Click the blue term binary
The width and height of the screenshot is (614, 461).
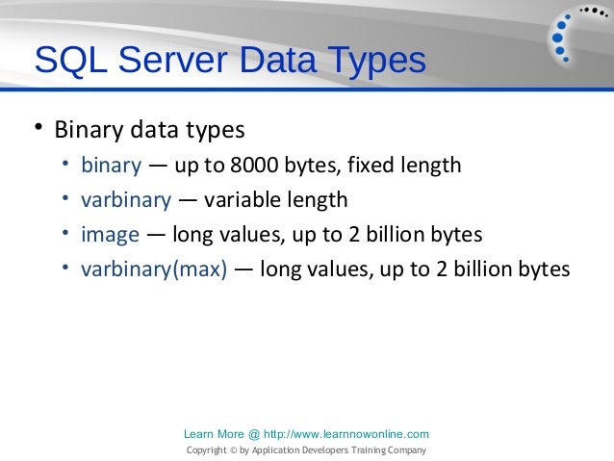[x=111, y=166]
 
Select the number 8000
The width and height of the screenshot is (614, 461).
[x=251, y=166]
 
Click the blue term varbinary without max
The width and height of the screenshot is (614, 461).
[x=126, y=200]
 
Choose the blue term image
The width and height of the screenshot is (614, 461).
[x=110, y=235]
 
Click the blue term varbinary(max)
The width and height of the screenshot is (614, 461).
[x=154, y=269]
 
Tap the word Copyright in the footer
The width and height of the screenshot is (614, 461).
[x=207, y=450]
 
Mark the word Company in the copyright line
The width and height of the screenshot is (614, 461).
[x=404, y=450]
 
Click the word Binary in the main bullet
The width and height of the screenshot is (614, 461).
[x=84, y=129]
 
